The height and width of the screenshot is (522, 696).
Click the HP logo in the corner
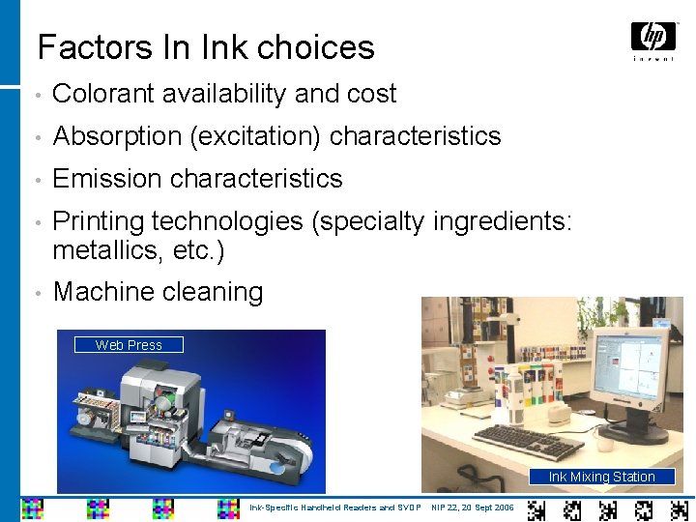pyautogui.click(x=653, y=39)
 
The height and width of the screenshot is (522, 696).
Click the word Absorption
pyautogui.click(x=117, y=136)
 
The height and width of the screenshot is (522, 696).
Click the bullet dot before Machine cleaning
pyautogui.click(x=34, y=293)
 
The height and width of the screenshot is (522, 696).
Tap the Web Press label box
pyautogui.click(x=129, y=345)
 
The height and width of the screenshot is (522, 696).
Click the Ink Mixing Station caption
pyautogui.click(x=601, y=477)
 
